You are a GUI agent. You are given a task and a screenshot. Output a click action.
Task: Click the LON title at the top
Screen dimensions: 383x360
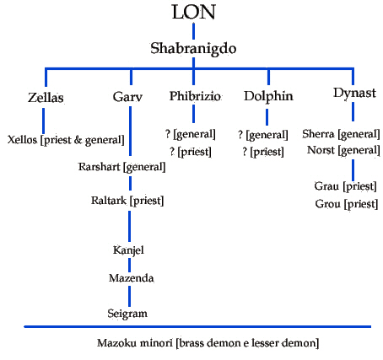click(193, 12)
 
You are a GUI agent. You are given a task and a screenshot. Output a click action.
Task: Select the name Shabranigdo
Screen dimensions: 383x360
click(193, 48)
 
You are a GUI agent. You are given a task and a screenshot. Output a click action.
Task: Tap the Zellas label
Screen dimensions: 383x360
click(46, 98)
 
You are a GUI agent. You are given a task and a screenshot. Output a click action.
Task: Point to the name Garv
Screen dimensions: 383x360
click(127, 97)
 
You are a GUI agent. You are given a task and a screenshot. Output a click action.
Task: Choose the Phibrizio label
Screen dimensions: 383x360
click(195, 96)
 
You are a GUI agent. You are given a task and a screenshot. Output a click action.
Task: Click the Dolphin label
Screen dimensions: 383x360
click(268, 97)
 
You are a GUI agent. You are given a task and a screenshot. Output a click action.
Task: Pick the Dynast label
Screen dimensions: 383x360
click(354, 94)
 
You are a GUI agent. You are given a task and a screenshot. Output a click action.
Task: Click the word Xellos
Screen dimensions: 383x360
click(22, 140)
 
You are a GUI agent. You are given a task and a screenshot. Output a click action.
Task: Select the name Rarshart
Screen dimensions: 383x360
click(100, 167)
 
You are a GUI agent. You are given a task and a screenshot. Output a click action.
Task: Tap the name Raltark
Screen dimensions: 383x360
click(109, 201)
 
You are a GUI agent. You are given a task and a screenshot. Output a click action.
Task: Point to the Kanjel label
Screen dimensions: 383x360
click(128, 250)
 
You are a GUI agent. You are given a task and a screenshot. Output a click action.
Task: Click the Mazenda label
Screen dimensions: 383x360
click(132, 278)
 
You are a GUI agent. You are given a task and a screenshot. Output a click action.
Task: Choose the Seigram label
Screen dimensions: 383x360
click(127, 314)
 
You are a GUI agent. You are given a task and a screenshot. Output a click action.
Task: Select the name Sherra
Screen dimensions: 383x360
click(318, 134)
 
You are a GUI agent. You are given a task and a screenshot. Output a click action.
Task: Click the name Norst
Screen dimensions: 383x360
click(321, 150)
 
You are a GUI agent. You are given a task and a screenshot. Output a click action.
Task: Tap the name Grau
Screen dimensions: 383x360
click(326, 186)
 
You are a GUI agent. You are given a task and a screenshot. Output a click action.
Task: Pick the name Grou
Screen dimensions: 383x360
click(327, 204)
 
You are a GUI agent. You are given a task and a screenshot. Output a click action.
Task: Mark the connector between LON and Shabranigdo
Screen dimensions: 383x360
click(193, 31)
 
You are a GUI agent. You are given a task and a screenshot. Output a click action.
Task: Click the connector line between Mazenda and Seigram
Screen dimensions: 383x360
click(129, 296)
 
